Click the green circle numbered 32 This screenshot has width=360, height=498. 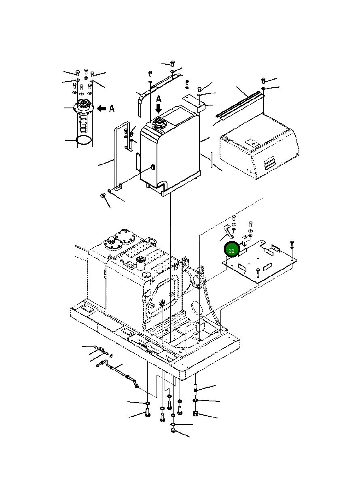232,250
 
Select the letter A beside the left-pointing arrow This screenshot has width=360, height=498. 112,108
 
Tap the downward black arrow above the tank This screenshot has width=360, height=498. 159,109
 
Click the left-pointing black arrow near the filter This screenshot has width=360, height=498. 101,108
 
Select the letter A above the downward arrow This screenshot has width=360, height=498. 159,99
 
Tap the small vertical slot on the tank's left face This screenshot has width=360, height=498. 153,167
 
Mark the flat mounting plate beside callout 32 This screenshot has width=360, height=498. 259,262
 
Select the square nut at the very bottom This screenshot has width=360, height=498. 173,431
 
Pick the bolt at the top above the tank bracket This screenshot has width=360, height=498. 172,63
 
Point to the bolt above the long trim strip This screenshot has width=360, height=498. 263,80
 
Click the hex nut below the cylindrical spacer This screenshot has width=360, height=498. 195,414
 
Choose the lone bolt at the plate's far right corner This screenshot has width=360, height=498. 292,243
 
